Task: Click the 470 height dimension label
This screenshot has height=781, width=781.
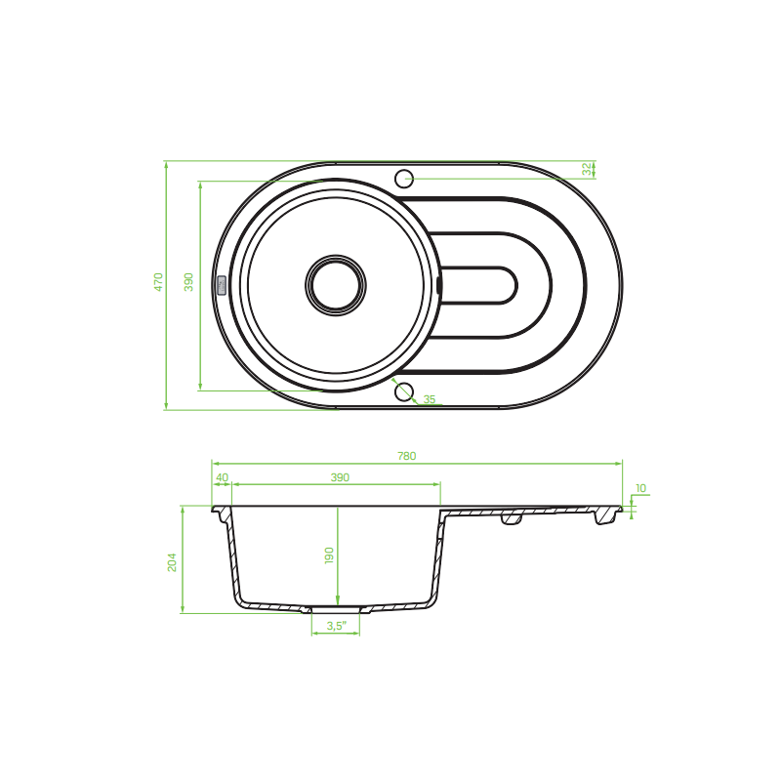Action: tap(158, 282)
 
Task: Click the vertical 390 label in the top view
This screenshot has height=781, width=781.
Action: tap(188, 282)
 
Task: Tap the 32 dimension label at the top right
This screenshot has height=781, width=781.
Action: tap(588, 169)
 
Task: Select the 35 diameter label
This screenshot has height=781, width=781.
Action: tap(430, 399)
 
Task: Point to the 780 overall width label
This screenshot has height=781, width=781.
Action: tap(406, 456)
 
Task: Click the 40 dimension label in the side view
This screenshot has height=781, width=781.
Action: tap(222, 477)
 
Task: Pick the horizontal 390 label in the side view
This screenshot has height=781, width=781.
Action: tap(340, 477)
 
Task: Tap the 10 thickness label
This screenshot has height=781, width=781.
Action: tap(641, 488)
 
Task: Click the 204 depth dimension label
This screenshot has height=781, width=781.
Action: tap(172, 562)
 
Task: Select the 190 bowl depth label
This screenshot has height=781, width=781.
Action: tap(329, 555)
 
